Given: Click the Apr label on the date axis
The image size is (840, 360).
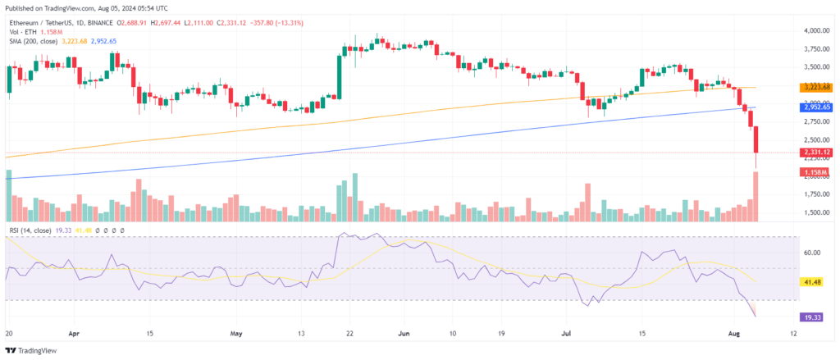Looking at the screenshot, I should click(x=75, y=335).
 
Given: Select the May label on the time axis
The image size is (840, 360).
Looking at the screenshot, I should click(x=237, y=335).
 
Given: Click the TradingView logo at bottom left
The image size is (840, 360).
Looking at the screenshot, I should click(x=36, y=350).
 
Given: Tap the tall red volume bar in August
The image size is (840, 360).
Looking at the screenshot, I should click(x=755, y=196).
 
